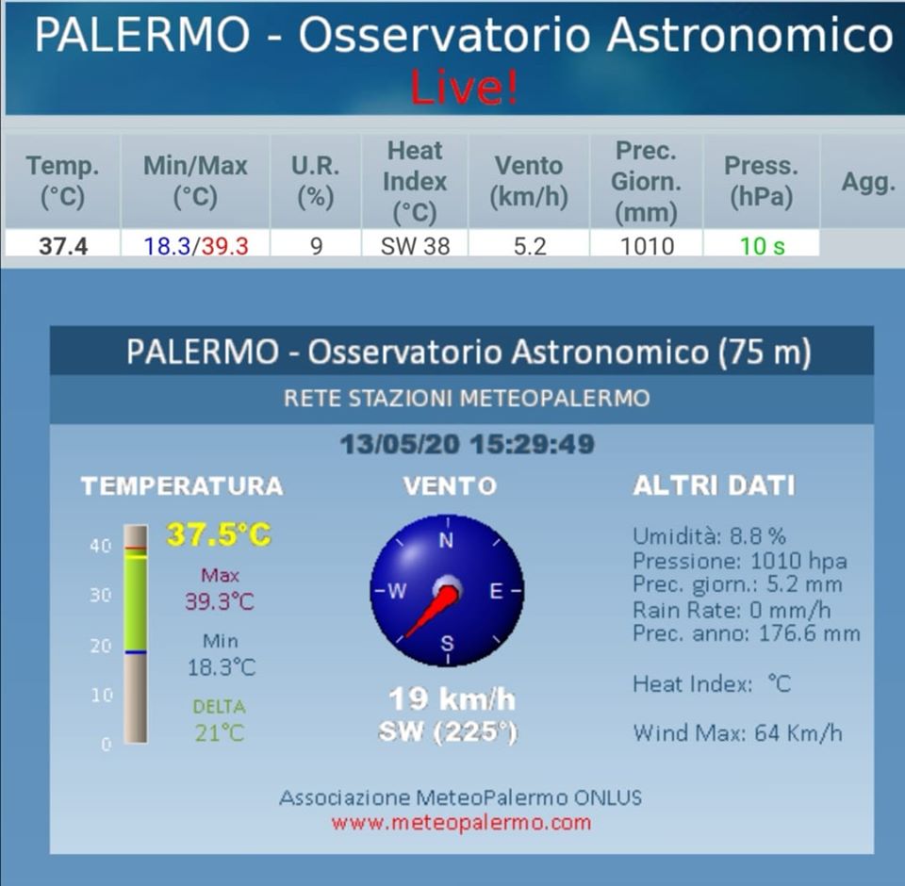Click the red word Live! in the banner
point(464,87)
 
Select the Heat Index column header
point(415,181)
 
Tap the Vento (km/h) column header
point(529,181)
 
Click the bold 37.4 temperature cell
point(63,246)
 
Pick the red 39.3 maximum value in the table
point(224,246)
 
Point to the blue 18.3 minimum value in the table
point(167,246)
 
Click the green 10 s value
point(762,246)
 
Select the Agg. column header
point(868,182)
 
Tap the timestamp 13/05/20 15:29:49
point(467,445)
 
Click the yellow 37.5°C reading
point(219,533)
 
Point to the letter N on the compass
point(446,541)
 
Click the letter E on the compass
point(496,591)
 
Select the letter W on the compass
point(397,591)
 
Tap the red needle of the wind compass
point(432,612)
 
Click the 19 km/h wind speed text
point(452,699)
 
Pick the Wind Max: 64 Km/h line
point(737,733)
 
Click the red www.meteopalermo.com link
point(461,822)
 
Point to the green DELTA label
point(219,707)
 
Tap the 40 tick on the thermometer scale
point(101,546)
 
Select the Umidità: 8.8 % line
point(709,536)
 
